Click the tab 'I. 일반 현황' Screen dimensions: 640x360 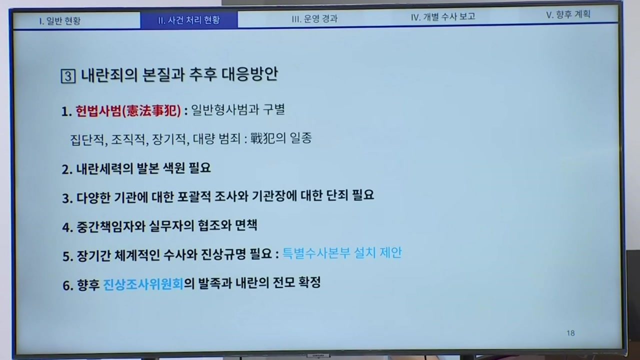[x=59, y=21]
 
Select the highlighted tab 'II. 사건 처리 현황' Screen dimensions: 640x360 [x=189, y=20]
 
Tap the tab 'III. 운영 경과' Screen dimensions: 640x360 [x=314, y=18]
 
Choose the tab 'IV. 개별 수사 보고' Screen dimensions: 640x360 [x=443, y=16]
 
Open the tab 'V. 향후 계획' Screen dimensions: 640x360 [x=568, y=14]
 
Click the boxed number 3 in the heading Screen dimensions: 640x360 [x=68, y=76]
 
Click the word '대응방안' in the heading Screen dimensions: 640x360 [x=249, y=74]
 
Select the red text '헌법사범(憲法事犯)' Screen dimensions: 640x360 [x=128, y=111]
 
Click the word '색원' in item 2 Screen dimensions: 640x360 [x=174, y=168]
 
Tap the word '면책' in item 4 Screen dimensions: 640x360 [x=246, y=225]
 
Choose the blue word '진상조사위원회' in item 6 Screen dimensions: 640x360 [x=143, y=284]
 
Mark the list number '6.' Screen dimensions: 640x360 [x=68, y=285]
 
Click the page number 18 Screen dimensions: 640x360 [x=570, y=333]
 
